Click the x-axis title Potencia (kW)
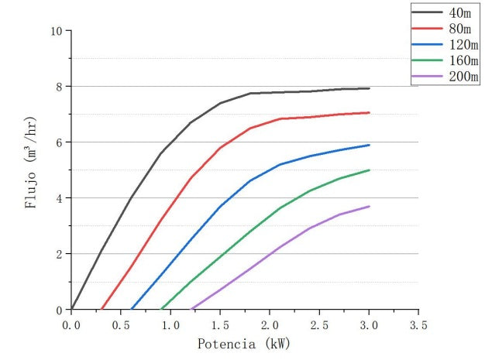click(245, 343)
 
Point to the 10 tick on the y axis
click(55, 31)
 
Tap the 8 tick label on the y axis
click(58, 87)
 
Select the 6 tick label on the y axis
click(58, 142)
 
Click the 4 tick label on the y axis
click(58, 198)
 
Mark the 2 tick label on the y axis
click(58, 254)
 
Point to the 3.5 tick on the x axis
click(418, 324)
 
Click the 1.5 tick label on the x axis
click(220, 324)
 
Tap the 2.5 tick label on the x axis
click(319, 324)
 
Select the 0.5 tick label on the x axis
click(121, 324)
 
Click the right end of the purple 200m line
click(369, 206)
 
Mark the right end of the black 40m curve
click(369, 88)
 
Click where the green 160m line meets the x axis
click(161, 309)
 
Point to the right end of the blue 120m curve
click(369, 145)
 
